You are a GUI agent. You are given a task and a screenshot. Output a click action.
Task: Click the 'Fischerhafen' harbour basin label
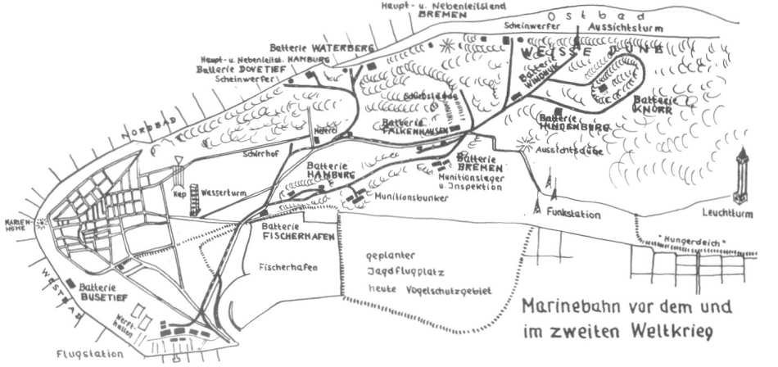coord(286,268)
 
